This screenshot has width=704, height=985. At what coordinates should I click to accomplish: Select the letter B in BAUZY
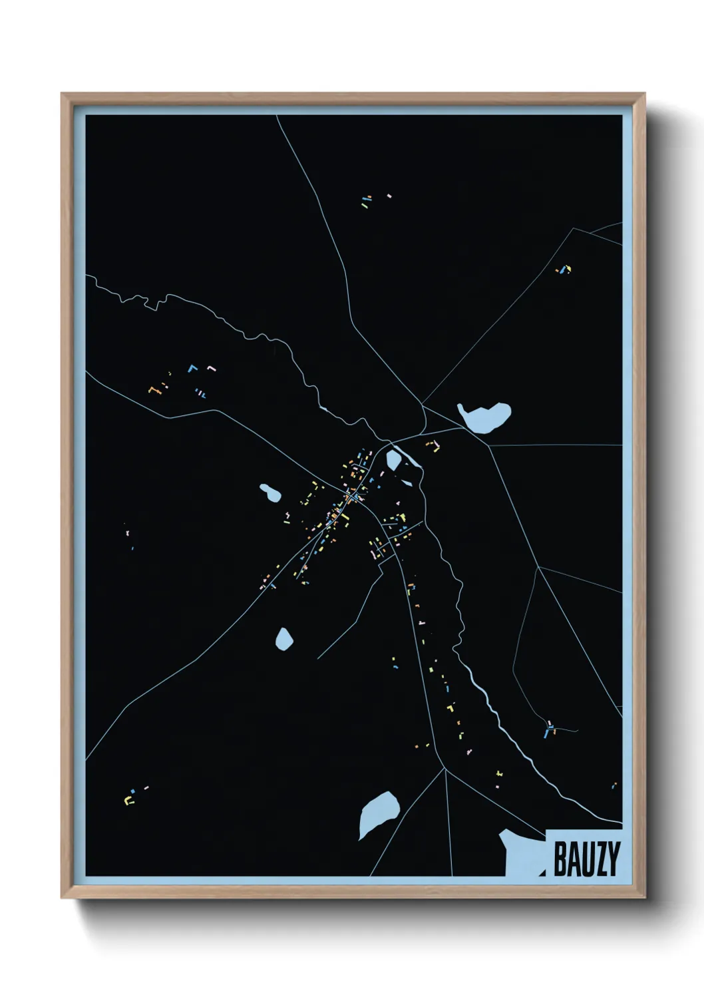(560, 859)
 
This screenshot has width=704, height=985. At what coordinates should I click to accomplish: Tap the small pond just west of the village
(269, 493)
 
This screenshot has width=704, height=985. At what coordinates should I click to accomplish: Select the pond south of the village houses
(284, 638)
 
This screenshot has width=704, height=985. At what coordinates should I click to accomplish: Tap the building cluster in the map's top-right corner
(564, 270)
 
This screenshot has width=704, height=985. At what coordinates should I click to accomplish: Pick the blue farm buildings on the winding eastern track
(549, 730)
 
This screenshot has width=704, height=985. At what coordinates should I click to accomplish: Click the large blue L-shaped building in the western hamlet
(192, 367)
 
